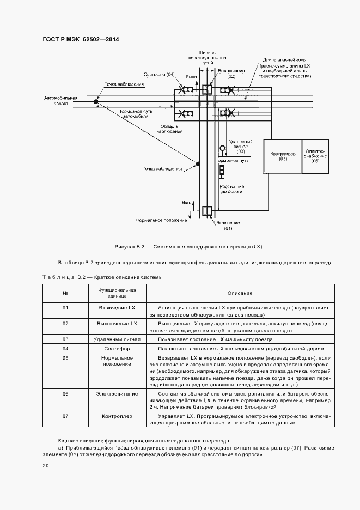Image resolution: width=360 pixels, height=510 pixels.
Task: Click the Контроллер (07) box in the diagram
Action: [x=283, y=156]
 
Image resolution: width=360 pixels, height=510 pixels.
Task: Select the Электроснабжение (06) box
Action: [x=315, y=156]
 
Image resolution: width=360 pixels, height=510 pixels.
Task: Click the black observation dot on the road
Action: [x=96, y=101]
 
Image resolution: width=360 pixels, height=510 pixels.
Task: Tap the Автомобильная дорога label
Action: [x=61, y=101]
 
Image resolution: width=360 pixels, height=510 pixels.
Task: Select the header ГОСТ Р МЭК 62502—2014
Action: [x=81, y=40]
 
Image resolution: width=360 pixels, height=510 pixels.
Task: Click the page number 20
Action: [x=46, y=466]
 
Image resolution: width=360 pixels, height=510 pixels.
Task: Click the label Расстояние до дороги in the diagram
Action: [x=231, y=189]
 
